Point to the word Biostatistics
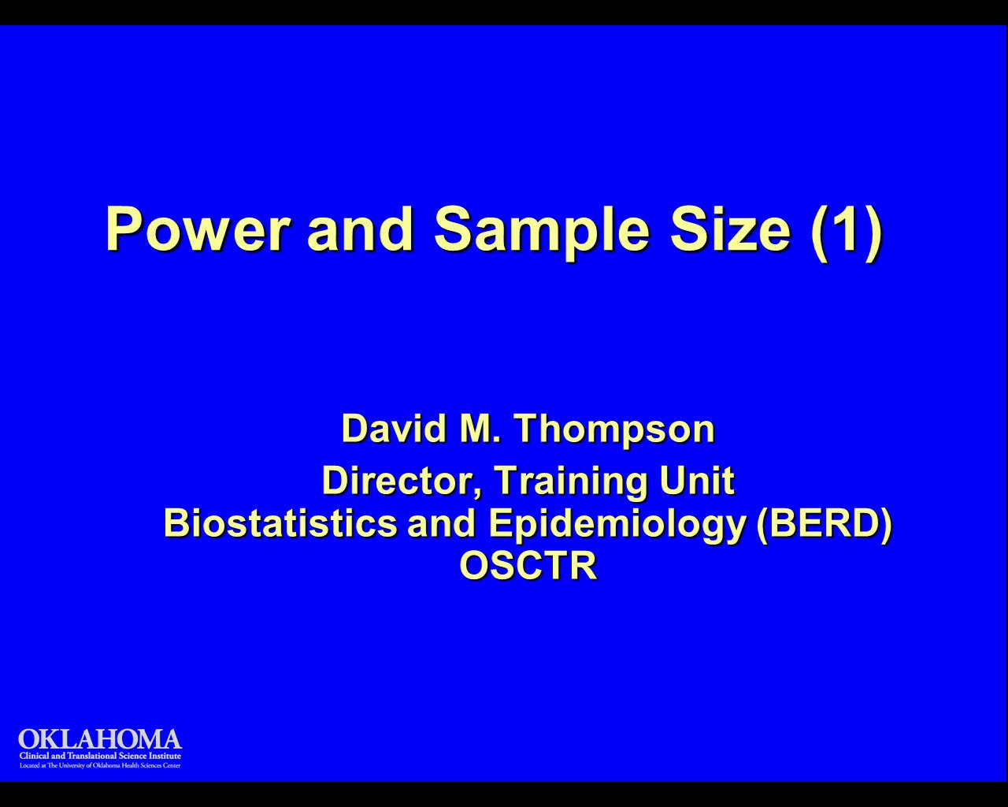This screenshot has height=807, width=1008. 280,523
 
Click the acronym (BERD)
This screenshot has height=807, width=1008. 824,523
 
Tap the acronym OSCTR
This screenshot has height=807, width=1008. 528,565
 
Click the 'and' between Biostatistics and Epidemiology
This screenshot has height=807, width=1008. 442,523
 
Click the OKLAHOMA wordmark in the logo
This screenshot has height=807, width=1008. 100,739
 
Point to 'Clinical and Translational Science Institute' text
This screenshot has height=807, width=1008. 100,756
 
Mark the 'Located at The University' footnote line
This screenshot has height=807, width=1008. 100,765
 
